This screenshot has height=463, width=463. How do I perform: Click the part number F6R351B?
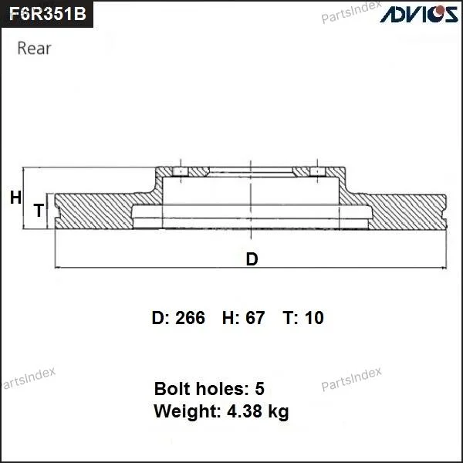click(x=48, y=14)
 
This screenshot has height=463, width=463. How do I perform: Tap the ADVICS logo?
click(x=419, y=14)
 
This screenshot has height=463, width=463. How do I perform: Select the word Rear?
click(x=34, y=48)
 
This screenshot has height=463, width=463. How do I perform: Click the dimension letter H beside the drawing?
click(x=15, y=198)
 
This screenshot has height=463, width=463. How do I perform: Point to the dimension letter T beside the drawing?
click(x=39, y=210)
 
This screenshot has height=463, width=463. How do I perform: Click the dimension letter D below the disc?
click(x=252, y=259)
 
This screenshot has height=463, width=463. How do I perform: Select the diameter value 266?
click(x=190, y=318)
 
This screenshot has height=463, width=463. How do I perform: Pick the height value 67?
click(x=255, y=318)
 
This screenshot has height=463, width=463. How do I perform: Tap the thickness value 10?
click(x=314, y=318)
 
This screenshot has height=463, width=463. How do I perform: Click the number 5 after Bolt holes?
click(x=259, y=389)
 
